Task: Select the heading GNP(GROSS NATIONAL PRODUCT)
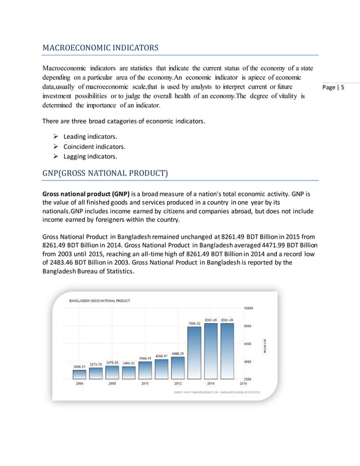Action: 106,173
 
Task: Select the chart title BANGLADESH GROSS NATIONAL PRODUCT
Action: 99,301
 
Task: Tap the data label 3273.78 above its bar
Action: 96,364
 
